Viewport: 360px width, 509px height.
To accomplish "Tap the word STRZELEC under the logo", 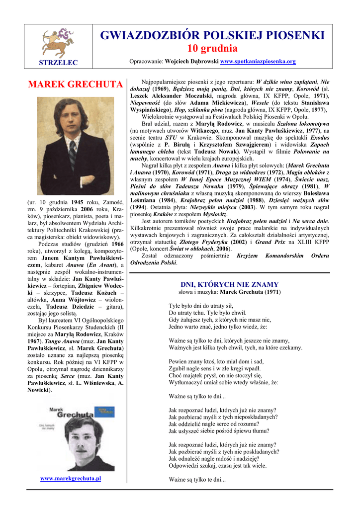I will tap(58, 62).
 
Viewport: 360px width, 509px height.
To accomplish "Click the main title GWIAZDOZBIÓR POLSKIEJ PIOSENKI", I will tap(212, 35).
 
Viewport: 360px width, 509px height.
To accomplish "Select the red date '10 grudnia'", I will tap(212, 49).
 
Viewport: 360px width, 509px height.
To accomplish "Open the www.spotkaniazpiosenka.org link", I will tap(258, 62).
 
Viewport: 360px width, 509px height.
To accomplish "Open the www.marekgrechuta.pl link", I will tap(71, 478).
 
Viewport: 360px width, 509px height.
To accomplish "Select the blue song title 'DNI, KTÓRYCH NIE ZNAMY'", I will tap(229, 284).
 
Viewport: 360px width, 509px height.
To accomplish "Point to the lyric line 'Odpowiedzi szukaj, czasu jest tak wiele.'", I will tap(217, 466).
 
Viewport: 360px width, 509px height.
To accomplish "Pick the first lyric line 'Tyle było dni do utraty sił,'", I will tap(201, 306).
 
